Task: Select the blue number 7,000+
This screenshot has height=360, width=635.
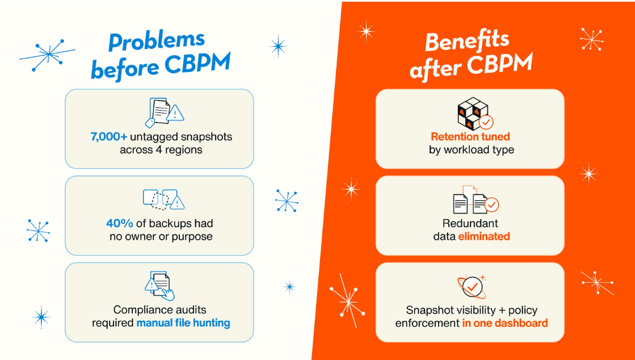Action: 110,137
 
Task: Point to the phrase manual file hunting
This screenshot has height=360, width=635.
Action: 183,323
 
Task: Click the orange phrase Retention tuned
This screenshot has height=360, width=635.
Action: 470,137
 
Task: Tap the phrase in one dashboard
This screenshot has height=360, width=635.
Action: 504,323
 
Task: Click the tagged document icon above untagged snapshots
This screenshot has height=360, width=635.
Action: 165,112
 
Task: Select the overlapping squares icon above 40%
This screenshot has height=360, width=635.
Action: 163,199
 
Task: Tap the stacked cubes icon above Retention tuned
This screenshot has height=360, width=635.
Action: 474,113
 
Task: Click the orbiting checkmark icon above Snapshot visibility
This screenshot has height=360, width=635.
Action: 470,286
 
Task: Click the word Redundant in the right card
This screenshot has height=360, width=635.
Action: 470,223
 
